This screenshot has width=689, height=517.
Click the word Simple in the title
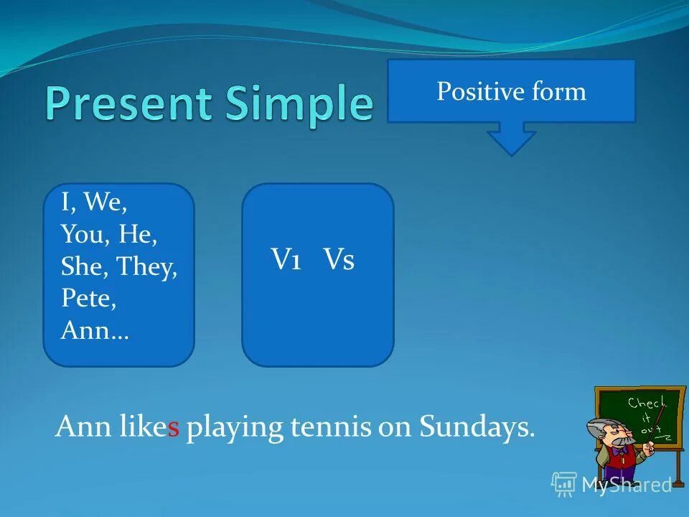(x=299, y=106)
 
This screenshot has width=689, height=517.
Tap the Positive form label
(x=511, y=91)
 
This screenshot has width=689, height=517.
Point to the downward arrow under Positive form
(x=511, y=139)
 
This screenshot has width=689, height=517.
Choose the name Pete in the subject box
(x=88, y=298)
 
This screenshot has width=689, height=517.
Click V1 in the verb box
(x=286, y=258)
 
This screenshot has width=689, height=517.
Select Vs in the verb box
(x=338, y=258)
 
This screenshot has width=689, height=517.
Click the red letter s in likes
(x=174, y=428)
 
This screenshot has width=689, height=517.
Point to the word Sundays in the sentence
(x=477, y=427)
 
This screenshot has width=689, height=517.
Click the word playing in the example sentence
(x=234, y=428)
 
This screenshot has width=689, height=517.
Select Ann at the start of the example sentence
(x=83, y=426)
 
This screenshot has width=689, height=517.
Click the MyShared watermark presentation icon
(x=564, y=484)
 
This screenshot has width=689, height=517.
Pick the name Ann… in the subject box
(x=95, y=330)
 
